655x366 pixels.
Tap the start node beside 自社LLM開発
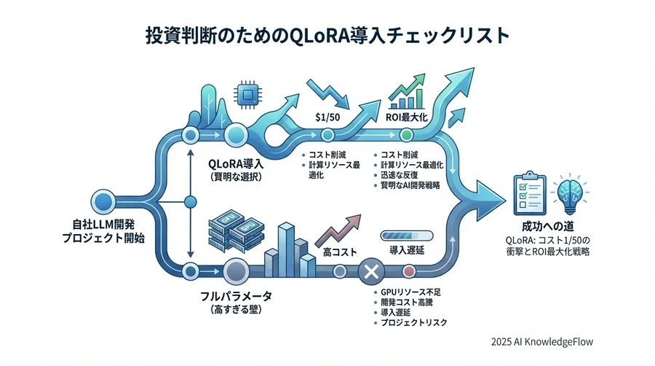(103, 200)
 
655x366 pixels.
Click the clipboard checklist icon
(529, 190)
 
